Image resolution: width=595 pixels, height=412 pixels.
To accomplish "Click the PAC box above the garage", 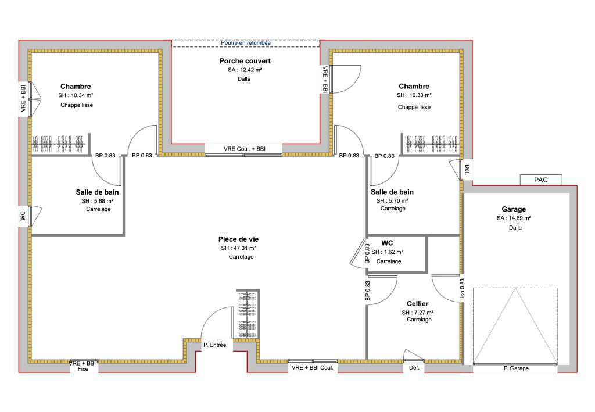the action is coord(541,180).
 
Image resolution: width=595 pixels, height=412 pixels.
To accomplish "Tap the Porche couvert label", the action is coord(245,60).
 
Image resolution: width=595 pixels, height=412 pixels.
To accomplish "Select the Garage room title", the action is coord(514,209).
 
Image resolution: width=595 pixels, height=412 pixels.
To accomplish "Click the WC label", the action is coord(387,243).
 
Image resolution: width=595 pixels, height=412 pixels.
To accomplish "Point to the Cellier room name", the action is coord(417,304).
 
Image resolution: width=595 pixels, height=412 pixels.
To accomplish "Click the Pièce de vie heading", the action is coord(238,239).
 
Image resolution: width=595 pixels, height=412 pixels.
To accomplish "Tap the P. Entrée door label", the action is coord(215,345).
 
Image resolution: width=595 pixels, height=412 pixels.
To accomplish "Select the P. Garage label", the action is coord(516,368).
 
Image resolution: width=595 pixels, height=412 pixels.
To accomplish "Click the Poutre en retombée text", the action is coord(246,43).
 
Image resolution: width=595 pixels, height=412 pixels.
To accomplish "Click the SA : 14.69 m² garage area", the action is coord(514,218).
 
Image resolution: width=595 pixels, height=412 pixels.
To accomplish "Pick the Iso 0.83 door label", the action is coord(462,288).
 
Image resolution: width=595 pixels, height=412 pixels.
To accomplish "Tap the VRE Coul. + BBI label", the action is coord(245,149).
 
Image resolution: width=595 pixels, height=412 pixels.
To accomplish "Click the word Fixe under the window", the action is coord(83,369).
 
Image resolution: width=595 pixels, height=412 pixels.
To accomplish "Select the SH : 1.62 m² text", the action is coord(388,252).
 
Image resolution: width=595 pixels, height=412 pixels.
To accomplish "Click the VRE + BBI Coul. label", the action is coord(312,368).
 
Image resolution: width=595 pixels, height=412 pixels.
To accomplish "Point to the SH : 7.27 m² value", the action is coord(417,313).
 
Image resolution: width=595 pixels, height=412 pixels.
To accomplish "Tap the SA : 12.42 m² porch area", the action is coord(245,70).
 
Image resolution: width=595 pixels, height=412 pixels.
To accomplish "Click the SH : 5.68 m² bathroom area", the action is coord(98,201).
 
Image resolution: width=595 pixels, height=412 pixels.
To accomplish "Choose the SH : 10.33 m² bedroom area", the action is coord(414,95).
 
